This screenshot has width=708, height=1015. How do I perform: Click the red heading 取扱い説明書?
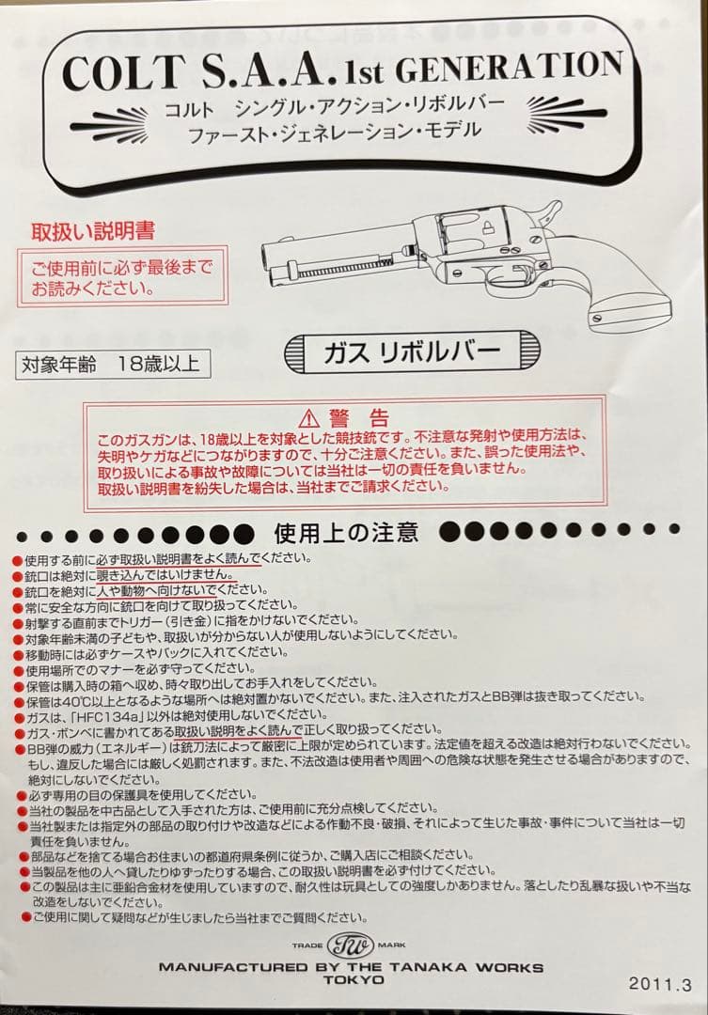[x=93, y=230]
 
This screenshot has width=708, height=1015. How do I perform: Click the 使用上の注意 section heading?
[x=346, y=533]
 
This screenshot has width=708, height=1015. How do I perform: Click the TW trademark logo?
[x=350, y=945]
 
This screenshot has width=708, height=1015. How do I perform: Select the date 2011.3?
[x=659, y=984]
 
